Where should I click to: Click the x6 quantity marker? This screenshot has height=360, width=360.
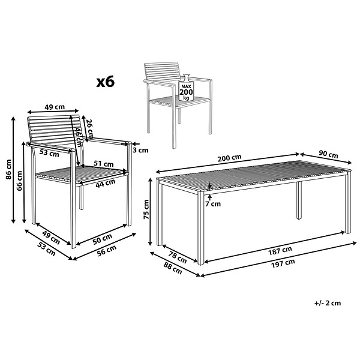click(106, 82)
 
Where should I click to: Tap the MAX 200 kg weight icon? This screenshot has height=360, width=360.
click(186, 87)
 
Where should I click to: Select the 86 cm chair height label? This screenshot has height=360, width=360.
click(8, 169)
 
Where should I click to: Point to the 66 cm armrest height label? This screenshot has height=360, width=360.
click(19, 181)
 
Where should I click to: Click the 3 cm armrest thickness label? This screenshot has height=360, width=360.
click(140, 150)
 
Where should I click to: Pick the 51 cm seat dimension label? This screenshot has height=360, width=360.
click(104, 164)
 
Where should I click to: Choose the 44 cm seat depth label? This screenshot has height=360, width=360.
click(105, 183)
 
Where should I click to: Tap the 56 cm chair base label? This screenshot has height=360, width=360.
click(107, 250)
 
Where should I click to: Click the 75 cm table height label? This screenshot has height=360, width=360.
click(146, 209)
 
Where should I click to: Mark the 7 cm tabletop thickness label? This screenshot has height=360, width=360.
click(213, 203)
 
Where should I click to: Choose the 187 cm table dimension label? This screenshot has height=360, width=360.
click(280, 250)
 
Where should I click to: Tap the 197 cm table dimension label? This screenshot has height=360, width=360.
click(283, 263)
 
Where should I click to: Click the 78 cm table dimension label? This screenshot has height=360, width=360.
click(178, 257)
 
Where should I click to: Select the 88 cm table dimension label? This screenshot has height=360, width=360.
click(173, 268)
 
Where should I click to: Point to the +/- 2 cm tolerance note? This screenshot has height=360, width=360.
click(328, 303)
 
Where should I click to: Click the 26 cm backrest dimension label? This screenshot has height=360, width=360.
click(89, 128)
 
